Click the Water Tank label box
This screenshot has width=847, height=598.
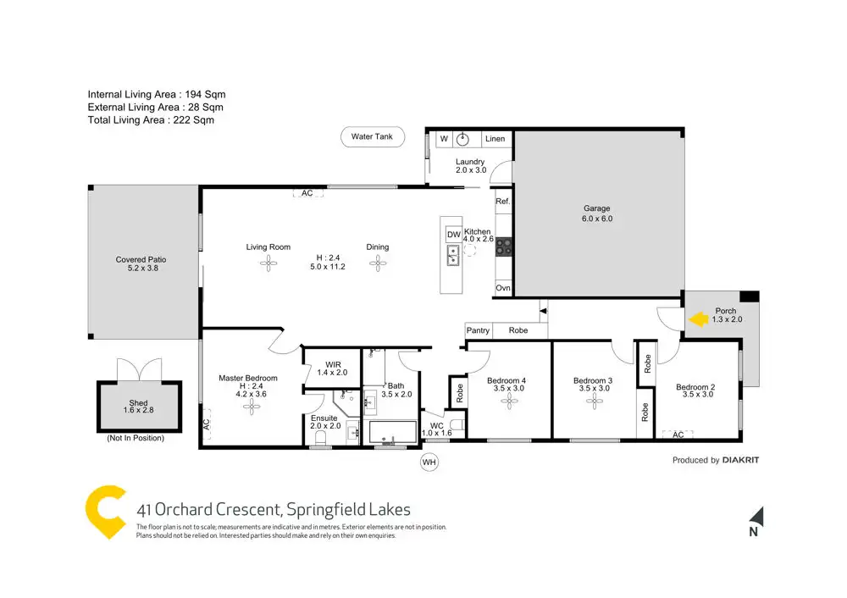pyautogui.click(x=372, y=136)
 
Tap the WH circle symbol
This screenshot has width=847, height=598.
pyautogui.click(x=429, y=462)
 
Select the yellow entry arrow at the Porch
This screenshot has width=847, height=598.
pyautogui.click(x=699, y=319)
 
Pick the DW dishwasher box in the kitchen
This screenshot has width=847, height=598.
pyautogui.click(x=454, y=235)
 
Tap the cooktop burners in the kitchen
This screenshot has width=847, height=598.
pyautogui.click(x=504, y=246)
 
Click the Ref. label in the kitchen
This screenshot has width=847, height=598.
pyautogui.click(x=503, y=202)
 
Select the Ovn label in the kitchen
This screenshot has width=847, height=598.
pyautogui.click(x=503, y=288)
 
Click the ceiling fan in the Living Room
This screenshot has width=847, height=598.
pyautogui.click(x=268, y=263)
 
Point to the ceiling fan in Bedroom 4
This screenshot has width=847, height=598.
pyautogui.click(x=509, y=401)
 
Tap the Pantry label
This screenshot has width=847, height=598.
pyautogui.click(x=478, y=330)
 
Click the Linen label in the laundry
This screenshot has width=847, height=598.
pyautogui.click(x=495, y=139)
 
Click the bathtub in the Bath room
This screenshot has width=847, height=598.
pyautogui.click(x=393, y=432)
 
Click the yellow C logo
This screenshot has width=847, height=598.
pyautogui.click(x=106, y=512)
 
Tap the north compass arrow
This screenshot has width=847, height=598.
pyautogui.click(x=756, y=517)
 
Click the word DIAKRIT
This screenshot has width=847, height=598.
pyautogui.click(x=740, y=460)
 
